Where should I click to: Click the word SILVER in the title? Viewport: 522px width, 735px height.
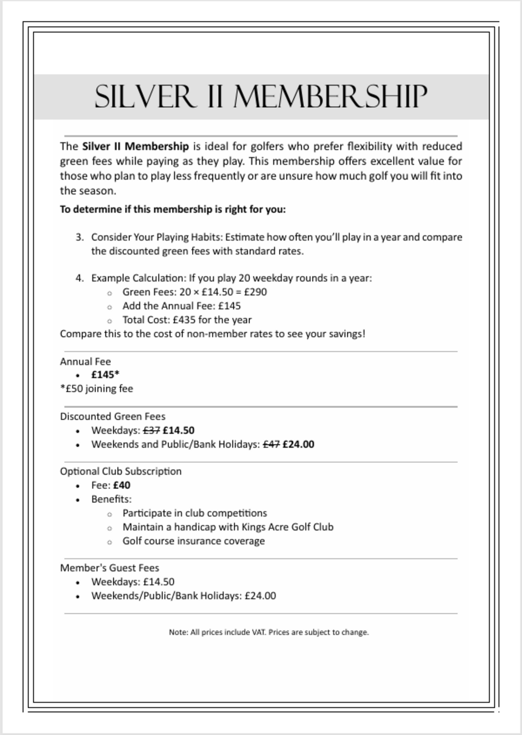click(x=145, y=97)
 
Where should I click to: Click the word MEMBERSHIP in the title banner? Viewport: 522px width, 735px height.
click(x=330, y=97)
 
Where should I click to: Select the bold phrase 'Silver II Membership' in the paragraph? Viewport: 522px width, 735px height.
click(x=135, y=147)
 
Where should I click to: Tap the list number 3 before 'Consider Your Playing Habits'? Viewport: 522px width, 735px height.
click(x=79, y=237)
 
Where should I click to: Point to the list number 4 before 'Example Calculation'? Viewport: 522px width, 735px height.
click(x=79, y=278)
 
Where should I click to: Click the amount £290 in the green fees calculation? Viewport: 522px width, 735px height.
click(x=255, y=292)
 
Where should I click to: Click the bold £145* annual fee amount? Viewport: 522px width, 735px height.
click(x=106, y=374)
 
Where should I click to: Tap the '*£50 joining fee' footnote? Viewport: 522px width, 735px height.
click(x=97, y=388)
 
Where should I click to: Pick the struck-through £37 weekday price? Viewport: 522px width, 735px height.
click(x=152, y=430)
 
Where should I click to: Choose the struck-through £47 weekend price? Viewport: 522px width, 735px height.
click(x=271, y=444)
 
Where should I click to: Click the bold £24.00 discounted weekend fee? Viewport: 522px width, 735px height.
click(x=298, y=444)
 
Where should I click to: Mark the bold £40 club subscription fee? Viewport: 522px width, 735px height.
click(x=122, y=485)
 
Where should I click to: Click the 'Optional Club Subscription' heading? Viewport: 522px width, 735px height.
click(x=121, y=471)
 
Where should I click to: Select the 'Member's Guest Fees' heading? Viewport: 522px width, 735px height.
click(x=109, y=568)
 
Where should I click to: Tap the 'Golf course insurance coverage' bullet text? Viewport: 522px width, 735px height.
click(x=193, y=541)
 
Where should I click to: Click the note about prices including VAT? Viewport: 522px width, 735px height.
click(x=269, y=632)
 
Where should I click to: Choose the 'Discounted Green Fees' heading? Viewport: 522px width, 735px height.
click(x=113, y=416)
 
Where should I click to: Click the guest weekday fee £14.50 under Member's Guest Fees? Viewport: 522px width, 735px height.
click(x=158, y=582)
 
